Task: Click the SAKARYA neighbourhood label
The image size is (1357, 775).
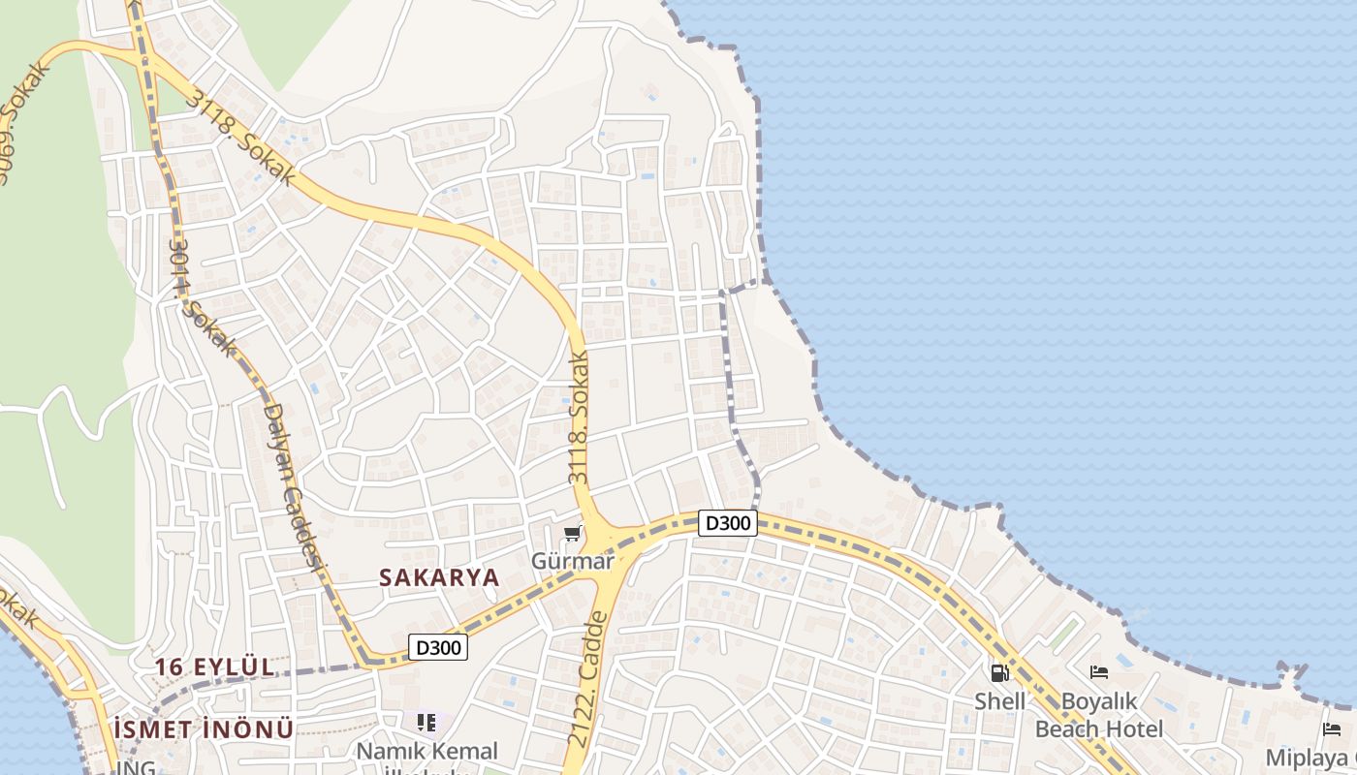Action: [x=439, y=577]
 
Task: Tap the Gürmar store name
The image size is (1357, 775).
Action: [x=572, y=561]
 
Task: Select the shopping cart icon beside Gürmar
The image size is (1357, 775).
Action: [x=573, y=534]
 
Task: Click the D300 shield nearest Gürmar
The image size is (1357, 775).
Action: [x=727, y=523]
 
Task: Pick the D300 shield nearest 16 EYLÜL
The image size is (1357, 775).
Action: [x=438, y=647]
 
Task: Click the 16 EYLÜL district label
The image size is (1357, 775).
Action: [x=215, y=667]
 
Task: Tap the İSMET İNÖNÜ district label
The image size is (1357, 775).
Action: [x=204, y=729]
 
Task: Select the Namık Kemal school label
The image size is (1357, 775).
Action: [x=427, y=752]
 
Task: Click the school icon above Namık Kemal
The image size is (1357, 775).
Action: [x=426, y=722]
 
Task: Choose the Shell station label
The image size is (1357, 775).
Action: [x=1000, y=701]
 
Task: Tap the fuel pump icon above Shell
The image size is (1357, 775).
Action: [x=999, y=672]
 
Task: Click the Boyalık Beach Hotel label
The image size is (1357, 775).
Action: [x=1099, y=715]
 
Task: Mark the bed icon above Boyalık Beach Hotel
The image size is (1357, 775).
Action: [x=1099, y=671]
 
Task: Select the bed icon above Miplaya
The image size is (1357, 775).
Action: [x=1332, y=729]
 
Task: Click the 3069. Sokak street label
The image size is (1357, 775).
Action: [x=24, y=121]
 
